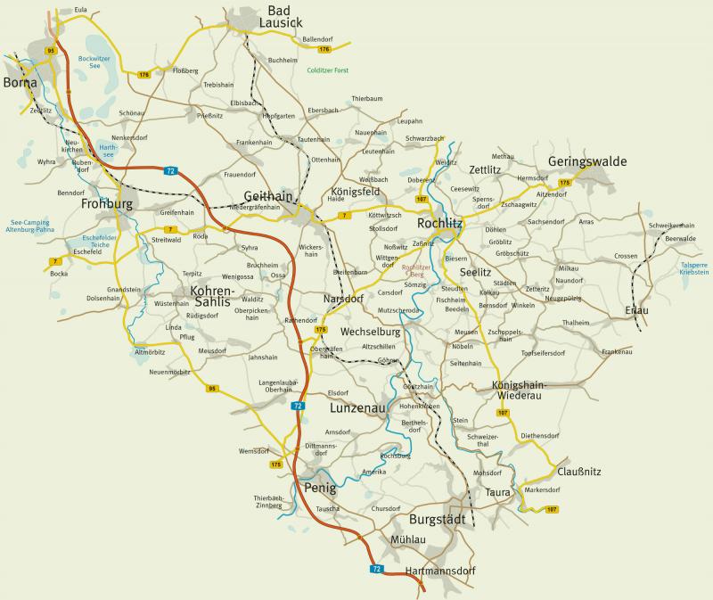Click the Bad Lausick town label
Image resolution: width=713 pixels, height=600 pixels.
[x=279, y=16]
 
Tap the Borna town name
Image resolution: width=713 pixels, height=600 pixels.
[x=20, y=82]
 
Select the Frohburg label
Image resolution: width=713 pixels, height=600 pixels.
[x=106, y=204]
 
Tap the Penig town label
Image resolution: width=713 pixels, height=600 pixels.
[x=319, y=489]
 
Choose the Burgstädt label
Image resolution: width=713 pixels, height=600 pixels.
[x=438, y=519]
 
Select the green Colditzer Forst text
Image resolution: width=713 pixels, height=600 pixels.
[x=330, y=70]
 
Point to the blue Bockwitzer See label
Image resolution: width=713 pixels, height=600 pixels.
[x=94, y=62]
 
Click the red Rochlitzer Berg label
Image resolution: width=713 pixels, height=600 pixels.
[x=418, y=271]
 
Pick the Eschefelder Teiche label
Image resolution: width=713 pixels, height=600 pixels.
[x=99, y=241]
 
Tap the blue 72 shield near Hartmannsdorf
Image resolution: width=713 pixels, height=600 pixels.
[x=377, y=568]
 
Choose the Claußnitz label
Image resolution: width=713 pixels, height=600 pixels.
[x=580, y=471]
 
